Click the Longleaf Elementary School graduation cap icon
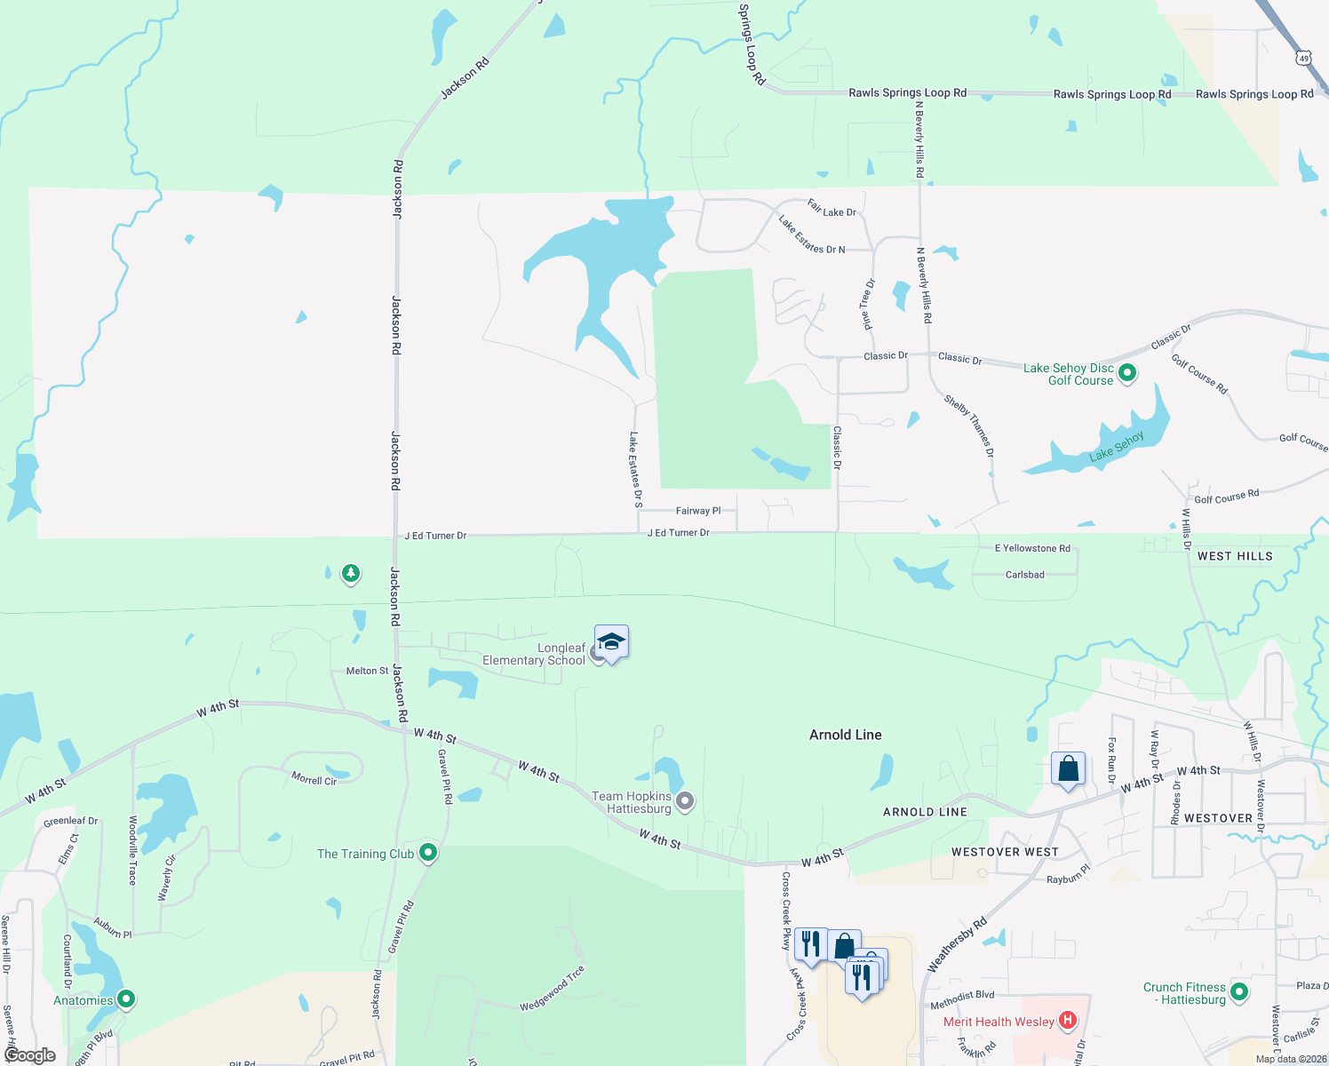coord(611,641)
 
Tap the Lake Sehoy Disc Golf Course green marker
coord(1127,374)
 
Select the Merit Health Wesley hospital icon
coord(1069,1022)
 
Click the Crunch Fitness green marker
coord(1239,992)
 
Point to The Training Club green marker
coord(428,854)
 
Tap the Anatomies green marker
coord(126,1000)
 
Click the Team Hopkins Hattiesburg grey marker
coord(685,802)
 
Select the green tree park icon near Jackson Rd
coord(351,574)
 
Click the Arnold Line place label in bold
coord(846,735)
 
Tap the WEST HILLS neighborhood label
coord(1235,556)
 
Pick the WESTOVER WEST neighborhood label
coord(1005,852)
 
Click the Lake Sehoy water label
coord(1117,447)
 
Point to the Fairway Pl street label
coord(698,511)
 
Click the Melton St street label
coord(367,671)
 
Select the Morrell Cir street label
coord(314,779)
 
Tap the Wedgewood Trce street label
coord(553,988)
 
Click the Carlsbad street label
coord(1025,575)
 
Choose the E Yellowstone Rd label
coord(1032,548)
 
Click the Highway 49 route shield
coord(1303,59)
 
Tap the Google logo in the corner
coord(30,1055)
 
